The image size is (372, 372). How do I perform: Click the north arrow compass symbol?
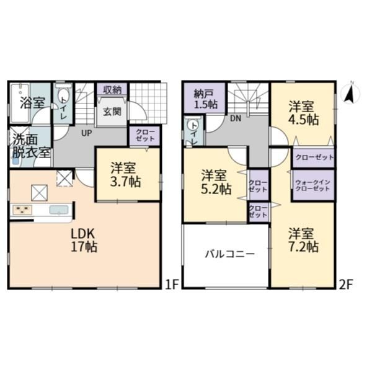[x=350, y=93]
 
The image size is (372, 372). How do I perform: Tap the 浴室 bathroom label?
[x=32, y=103]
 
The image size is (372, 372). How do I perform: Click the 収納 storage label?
[x=112, y=90]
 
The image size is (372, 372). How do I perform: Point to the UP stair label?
[x=87, y=133]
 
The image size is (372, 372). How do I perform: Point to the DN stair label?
[x=236, y=118]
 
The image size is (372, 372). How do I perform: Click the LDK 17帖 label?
[x=84, y=240]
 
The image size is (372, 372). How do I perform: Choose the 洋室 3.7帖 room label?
[x=125, y=175]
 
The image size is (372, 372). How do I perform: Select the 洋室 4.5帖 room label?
[x=303, y=113]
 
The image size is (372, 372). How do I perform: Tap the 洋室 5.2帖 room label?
[x=216, y=182]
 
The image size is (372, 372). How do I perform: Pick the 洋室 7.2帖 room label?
[x=303, y=240]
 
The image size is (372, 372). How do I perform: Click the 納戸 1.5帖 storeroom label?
[x=205, y=99]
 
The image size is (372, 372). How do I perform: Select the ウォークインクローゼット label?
[x=313, y=185]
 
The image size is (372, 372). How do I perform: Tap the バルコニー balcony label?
[x=229, y=254]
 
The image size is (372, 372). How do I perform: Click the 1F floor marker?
[x=171, y=285]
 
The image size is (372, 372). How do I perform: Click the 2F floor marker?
[x=347, y=285]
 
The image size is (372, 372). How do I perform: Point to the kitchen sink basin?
[x=59, y=210]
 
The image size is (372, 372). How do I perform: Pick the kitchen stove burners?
[x=22, y=210]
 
